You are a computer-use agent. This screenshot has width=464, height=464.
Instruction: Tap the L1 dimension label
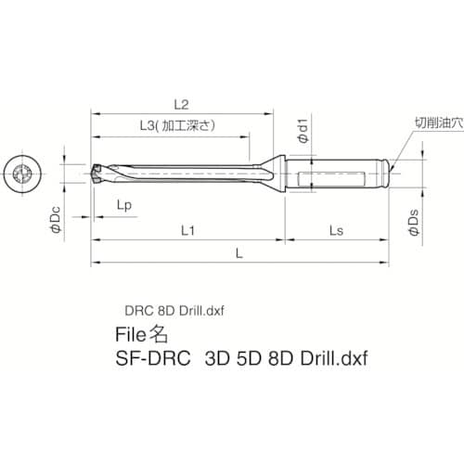click(x=186, y=228)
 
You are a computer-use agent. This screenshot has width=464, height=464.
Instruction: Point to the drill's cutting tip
click(x=97, y=172)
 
